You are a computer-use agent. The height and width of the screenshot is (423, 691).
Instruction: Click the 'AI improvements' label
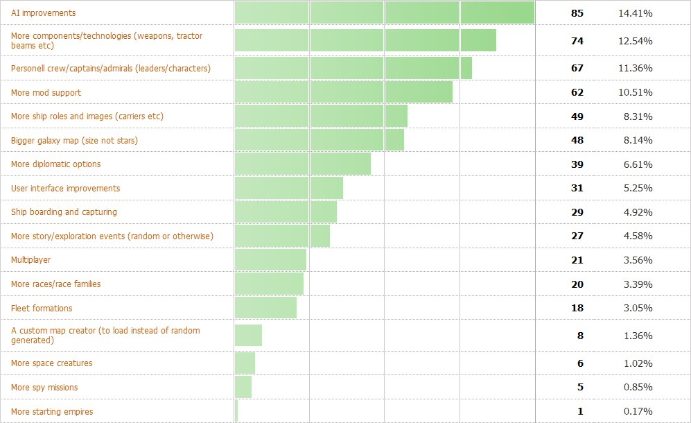click(44, 13)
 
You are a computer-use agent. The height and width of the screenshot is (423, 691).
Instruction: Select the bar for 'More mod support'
click(343, 92)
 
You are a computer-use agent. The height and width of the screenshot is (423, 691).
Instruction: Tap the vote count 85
click(577, 13)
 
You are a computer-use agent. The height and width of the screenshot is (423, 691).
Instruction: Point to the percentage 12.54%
click(637, 41)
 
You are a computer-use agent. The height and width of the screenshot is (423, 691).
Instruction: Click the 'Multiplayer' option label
click(30, 260)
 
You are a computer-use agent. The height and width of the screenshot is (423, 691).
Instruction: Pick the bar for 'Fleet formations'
click(265, 308)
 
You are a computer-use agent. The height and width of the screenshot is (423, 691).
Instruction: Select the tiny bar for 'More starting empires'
click(236, 411)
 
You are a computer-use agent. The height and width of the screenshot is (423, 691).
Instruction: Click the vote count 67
click(577, 68)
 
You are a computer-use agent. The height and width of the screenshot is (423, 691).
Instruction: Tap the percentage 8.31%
click(637, 116)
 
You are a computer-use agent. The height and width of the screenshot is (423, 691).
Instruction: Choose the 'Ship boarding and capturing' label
click(64, 212)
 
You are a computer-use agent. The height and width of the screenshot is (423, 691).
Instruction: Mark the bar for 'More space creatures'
click(245, 363)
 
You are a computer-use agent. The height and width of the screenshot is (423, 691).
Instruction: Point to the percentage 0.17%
click(637, 411)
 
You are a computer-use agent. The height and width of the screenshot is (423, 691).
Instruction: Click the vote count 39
click(577, 164)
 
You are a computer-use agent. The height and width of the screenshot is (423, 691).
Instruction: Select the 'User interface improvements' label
click(65, 189)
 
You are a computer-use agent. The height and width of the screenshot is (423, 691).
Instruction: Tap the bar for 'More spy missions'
click(243, 387)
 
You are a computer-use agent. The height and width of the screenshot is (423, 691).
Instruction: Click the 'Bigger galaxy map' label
click(74, 141)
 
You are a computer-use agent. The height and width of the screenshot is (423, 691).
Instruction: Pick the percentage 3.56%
click(637, 260)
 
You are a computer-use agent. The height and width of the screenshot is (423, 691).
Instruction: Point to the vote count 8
click(579, 336)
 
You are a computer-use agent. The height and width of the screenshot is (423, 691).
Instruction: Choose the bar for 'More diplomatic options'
click(302, 164)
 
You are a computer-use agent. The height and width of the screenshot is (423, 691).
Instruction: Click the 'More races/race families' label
click(55, 284)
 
